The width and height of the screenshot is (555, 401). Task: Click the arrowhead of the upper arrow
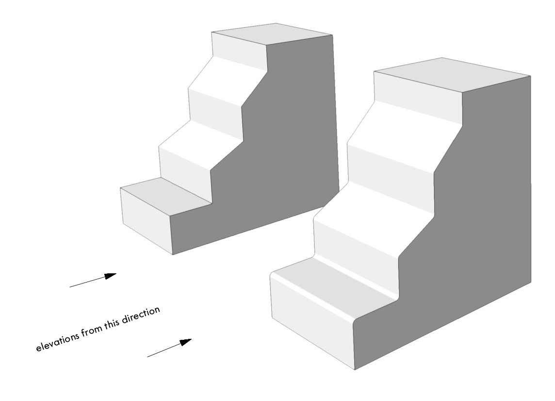tap(111, 276)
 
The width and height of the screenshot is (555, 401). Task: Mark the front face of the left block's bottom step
tap(146, 221)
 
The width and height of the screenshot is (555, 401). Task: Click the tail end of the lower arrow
tap(148, 357)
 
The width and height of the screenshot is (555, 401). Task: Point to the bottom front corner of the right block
tap(355, 369)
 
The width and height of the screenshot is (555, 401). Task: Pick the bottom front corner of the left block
tap(173, 254)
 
